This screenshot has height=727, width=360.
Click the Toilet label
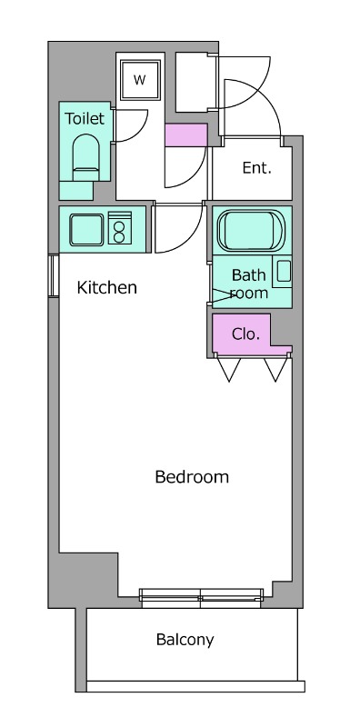pos(85,119)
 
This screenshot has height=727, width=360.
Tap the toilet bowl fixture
pos(86,157)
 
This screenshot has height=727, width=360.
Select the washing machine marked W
pos(140,80)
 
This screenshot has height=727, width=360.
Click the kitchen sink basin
pos(86,230)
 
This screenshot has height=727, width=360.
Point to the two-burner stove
pos(120,228)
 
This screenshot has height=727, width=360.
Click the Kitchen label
pos(106,287)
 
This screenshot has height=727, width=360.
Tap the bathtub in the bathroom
pos(251,231)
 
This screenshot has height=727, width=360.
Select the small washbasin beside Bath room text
pos(284,272)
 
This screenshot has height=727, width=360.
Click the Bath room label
pos(249,284)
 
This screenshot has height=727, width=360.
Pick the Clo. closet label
pos(245,334)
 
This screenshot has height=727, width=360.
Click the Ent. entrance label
pos(257,168)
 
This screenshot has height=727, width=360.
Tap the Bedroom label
pos(192,476)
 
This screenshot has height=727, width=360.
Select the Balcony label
pos(185,640)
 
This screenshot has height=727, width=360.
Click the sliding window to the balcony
pos(201,598)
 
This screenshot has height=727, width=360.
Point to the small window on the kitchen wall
pos(54,275)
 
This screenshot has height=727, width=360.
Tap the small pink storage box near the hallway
pos(185,134)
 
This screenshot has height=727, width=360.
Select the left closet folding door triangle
pos(229,370)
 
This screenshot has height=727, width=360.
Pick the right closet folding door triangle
pos(276,370)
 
